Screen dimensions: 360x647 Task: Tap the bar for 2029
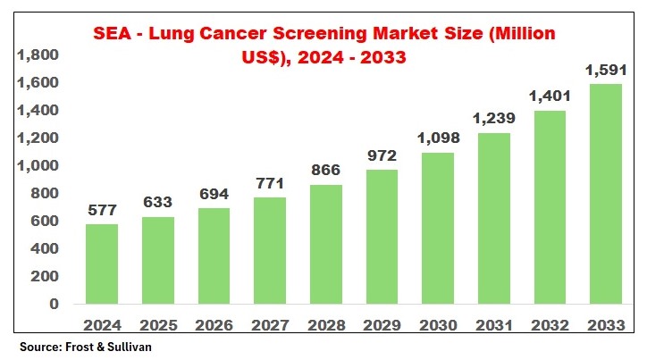tap(381, 237)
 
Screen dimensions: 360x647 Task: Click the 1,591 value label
tap(604, 69)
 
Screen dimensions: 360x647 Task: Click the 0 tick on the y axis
tap(54, 304)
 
